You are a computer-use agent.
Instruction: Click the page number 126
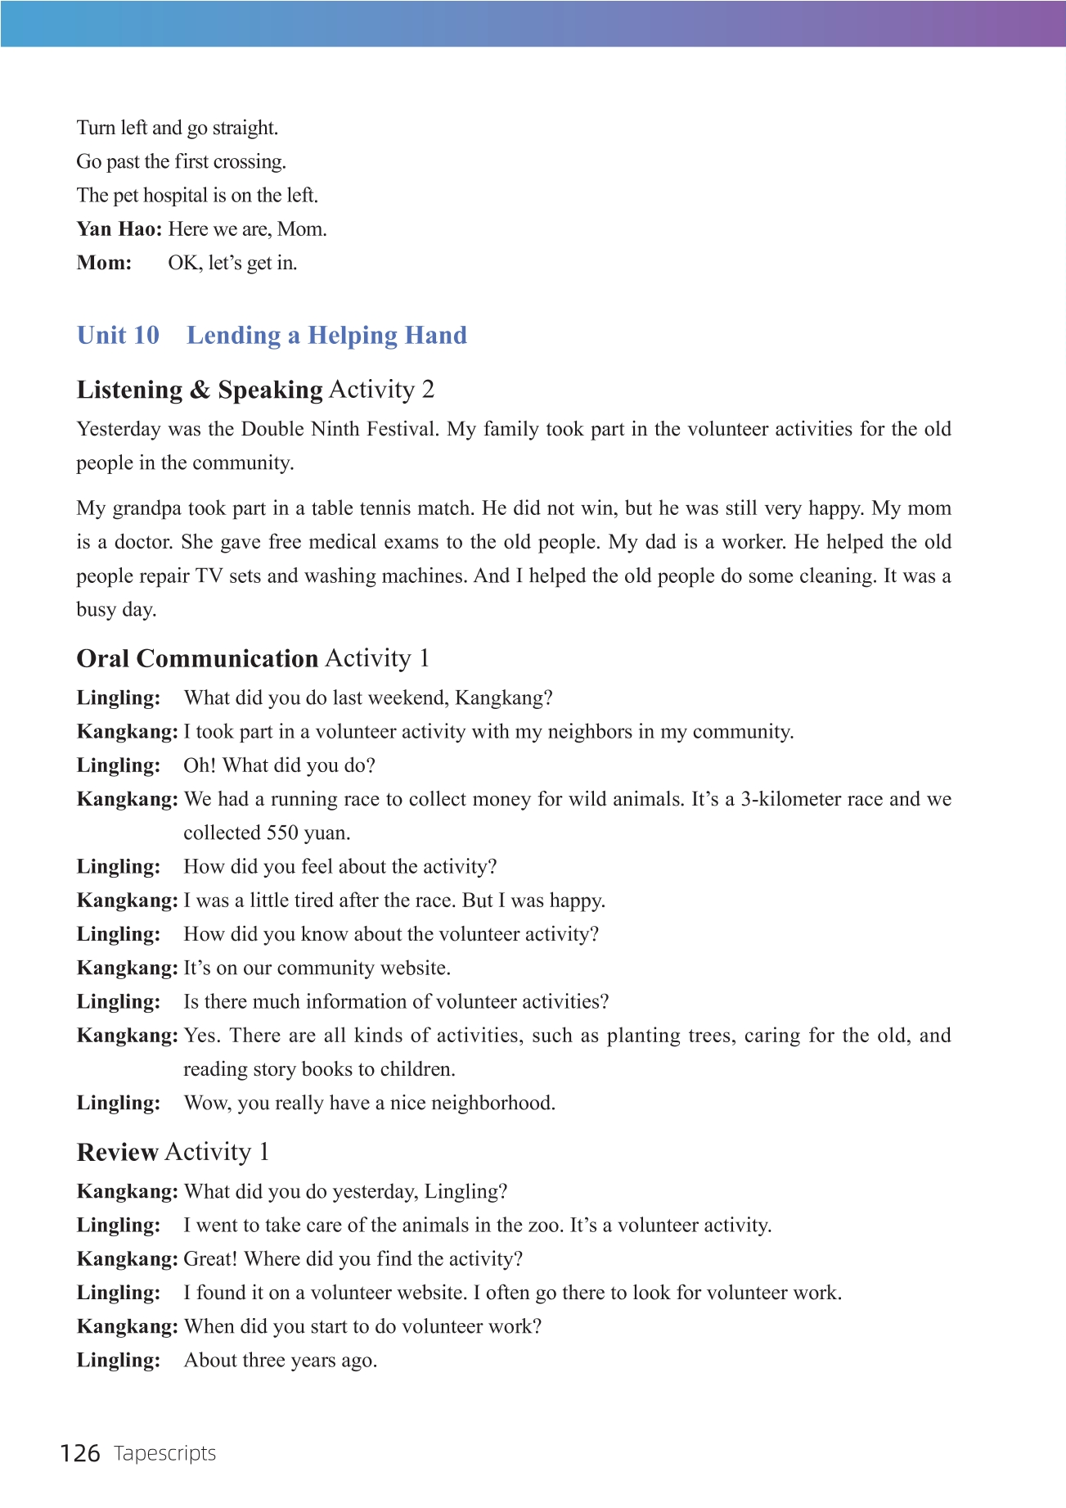[x=80, y=1453]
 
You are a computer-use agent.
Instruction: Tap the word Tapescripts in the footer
[x=164, y=1453]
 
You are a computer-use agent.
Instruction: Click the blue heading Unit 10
[x=118, y=335]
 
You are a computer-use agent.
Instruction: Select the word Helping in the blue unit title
[x=353, y=336]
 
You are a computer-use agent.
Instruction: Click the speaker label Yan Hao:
[x=119, y=229]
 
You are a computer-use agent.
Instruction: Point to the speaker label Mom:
[x=104, y=263]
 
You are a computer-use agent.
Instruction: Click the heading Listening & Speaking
[x=200, y=390]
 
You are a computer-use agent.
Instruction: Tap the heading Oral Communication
[x=197, y=658]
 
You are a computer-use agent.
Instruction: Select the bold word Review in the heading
[x=117, y=1152]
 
